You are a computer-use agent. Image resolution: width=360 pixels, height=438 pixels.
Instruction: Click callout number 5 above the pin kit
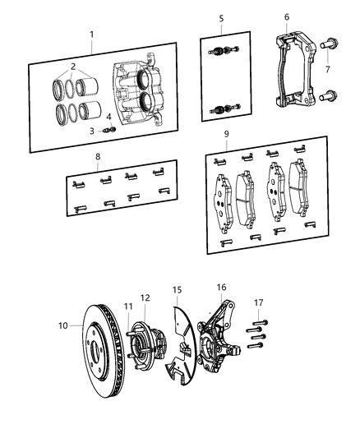(221, 17)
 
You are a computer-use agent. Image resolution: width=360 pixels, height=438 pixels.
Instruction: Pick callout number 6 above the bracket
(286, 16)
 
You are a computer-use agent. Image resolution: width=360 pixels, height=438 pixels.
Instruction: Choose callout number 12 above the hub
(145, 297)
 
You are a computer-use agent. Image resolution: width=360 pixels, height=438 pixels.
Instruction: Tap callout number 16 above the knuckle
(221, 287)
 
